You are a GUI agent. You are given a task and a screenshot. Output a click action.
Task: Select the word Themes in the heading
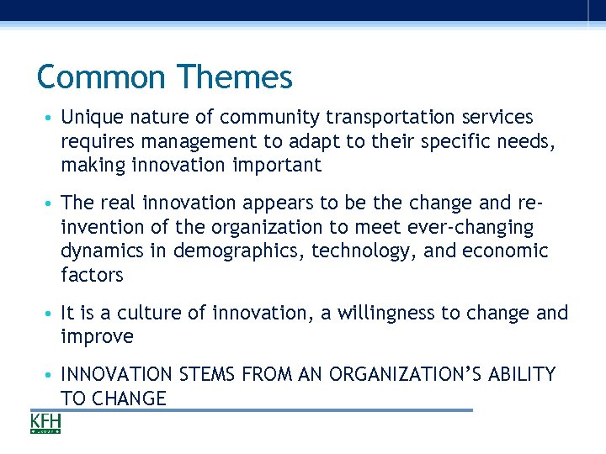coord(234,77)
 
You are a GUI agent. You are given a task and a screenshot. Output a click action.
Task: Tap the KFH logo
coord(45,422)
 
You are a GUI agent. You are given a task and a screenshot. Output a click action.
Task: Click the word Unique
coord(90,117)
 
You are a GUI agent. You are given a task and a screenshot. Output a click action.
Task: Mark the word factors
coord(92,275)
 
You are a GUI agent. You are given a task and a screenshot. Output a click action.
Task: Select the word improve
coord(97,337)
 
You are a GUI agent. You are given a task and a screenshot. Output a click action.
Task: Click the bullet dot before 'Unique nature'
coord(51,118)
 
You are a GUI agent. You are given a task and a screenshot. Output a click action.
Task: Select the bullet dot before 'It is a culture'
coord(51,314)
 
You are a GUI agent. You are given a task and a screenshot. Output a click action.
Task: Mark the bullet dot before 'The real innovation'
coord(51,203)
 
